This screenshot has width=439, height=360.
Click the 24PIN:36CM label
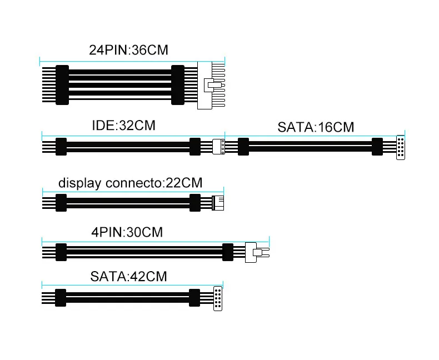(128, 50)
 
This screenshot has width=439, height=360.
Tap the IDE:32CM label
(123, 125)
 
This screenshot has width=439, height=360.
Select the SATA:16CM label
(315, 127)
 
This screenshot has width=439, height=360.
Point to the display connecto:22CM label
(130, 182)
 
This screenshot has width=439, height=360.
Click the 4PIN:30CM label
(127, 232)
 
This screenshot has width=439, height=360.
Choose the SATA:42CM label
(128, 276)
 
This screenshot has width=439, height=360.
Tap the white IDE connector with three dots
(218, 147)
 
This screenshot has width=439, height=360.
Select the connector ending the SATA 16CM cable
(400, 148)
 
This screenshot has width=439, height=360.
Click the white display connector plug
(218, 203)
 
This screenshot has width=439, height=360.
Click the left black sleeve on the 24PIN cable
(62, 85)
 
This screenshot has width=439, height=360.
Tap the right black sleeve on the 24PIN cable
(177, 85)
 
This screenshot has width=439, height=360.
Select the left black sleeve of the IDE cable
(61, 147)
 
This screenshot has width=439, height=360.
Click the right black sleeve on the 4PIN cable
(227, 252)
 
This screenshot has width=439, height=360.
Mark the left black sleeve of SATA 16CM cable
(243, 147)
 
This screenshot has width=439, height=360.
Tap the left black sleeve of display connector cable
(61, 203)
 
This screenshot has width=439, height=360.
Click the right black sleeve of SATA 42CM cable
(194, 297)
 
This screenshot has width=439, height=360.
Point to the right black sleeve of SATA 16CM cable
(377, 147)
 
